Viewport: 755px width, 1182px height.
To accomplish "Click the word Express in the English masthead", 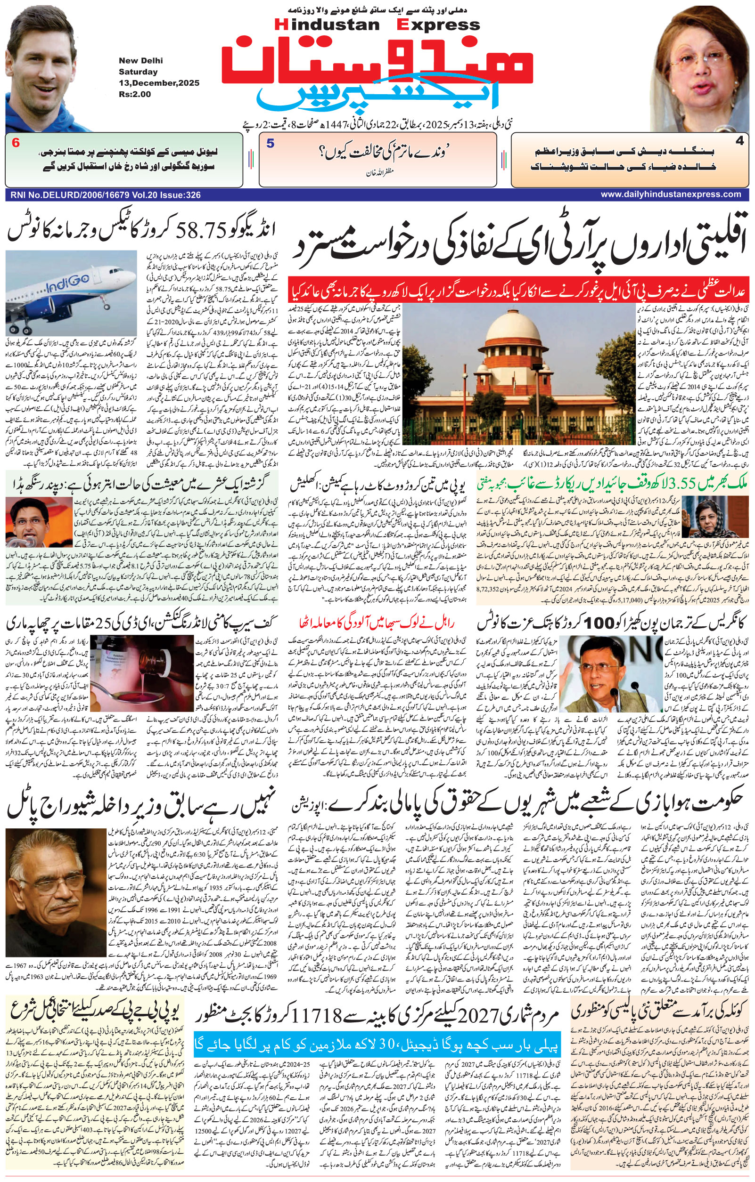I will (x=439, y=24).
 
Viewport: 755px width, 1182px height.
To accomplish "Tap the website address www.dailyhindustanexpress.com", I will (x=671, y=194).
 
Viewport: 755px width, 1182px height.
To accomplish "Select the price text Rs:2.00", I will (x=135, y=94).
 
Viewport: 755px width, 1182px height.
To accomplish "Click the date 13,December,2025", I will (x=159, y=83).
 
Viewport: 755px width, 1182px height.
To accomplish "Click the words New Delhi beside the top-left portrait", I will (x=140, y=60).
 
